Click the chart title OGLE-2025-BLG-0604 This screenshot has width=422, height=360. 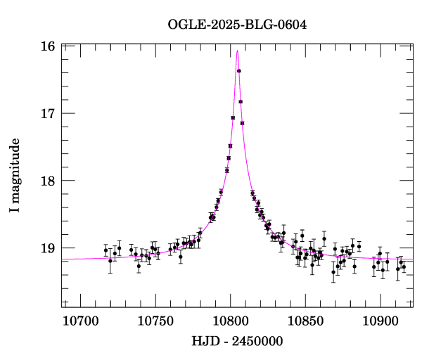(237, 25)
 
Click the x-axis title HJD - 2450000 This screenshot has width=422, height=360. (237, 342)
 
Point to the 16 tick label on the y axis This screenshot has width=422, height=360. (48, 46)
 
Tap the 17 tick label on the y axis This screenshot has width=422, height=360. (48, 113)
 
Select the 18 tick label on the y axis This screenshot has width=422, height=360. (48, 181)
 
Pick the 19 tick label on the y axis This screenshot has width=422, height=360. (48, 248)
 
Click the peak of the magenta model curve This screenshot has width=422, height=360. (238, 51)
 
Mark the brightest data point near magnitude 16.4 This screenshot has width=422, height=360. (239, 71)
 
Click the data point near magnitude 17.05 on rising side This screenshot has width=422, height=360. (233, 117)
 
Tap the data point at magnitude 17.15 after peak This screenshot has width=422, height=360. (242, 123)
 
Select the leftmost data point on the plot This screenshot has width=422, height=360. (105, 250)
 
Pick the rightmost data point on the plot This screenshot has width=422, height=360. (404, 266)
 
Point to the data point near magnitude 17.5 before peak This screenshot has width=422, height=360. (230, 146)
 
